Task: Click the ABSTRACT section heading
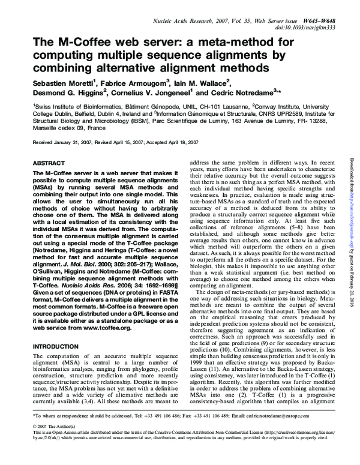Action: point(48,163)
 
